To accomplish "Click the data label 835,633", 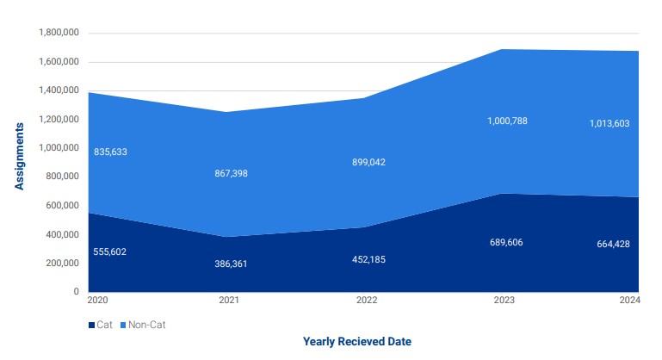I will tap(111, 152).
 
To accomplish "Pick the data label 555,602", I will tap(111, 251).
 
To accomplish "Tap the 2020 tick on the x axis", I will tap(96, 301).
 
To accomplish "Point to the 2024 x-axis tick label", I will tap(629, 301).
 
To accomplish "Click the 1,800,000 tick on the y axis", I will tap(59, 33).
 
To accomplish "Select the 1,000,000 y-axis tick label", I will tap(59, 148).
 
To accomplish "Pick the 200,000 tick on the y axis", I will tap(63, 263).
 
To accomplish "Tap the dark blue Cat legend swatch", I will tap(91, 326).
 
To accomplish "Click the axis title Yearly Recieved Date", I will tap(356, 342).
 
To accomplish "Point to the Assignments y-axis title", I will tap(19, 156).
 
